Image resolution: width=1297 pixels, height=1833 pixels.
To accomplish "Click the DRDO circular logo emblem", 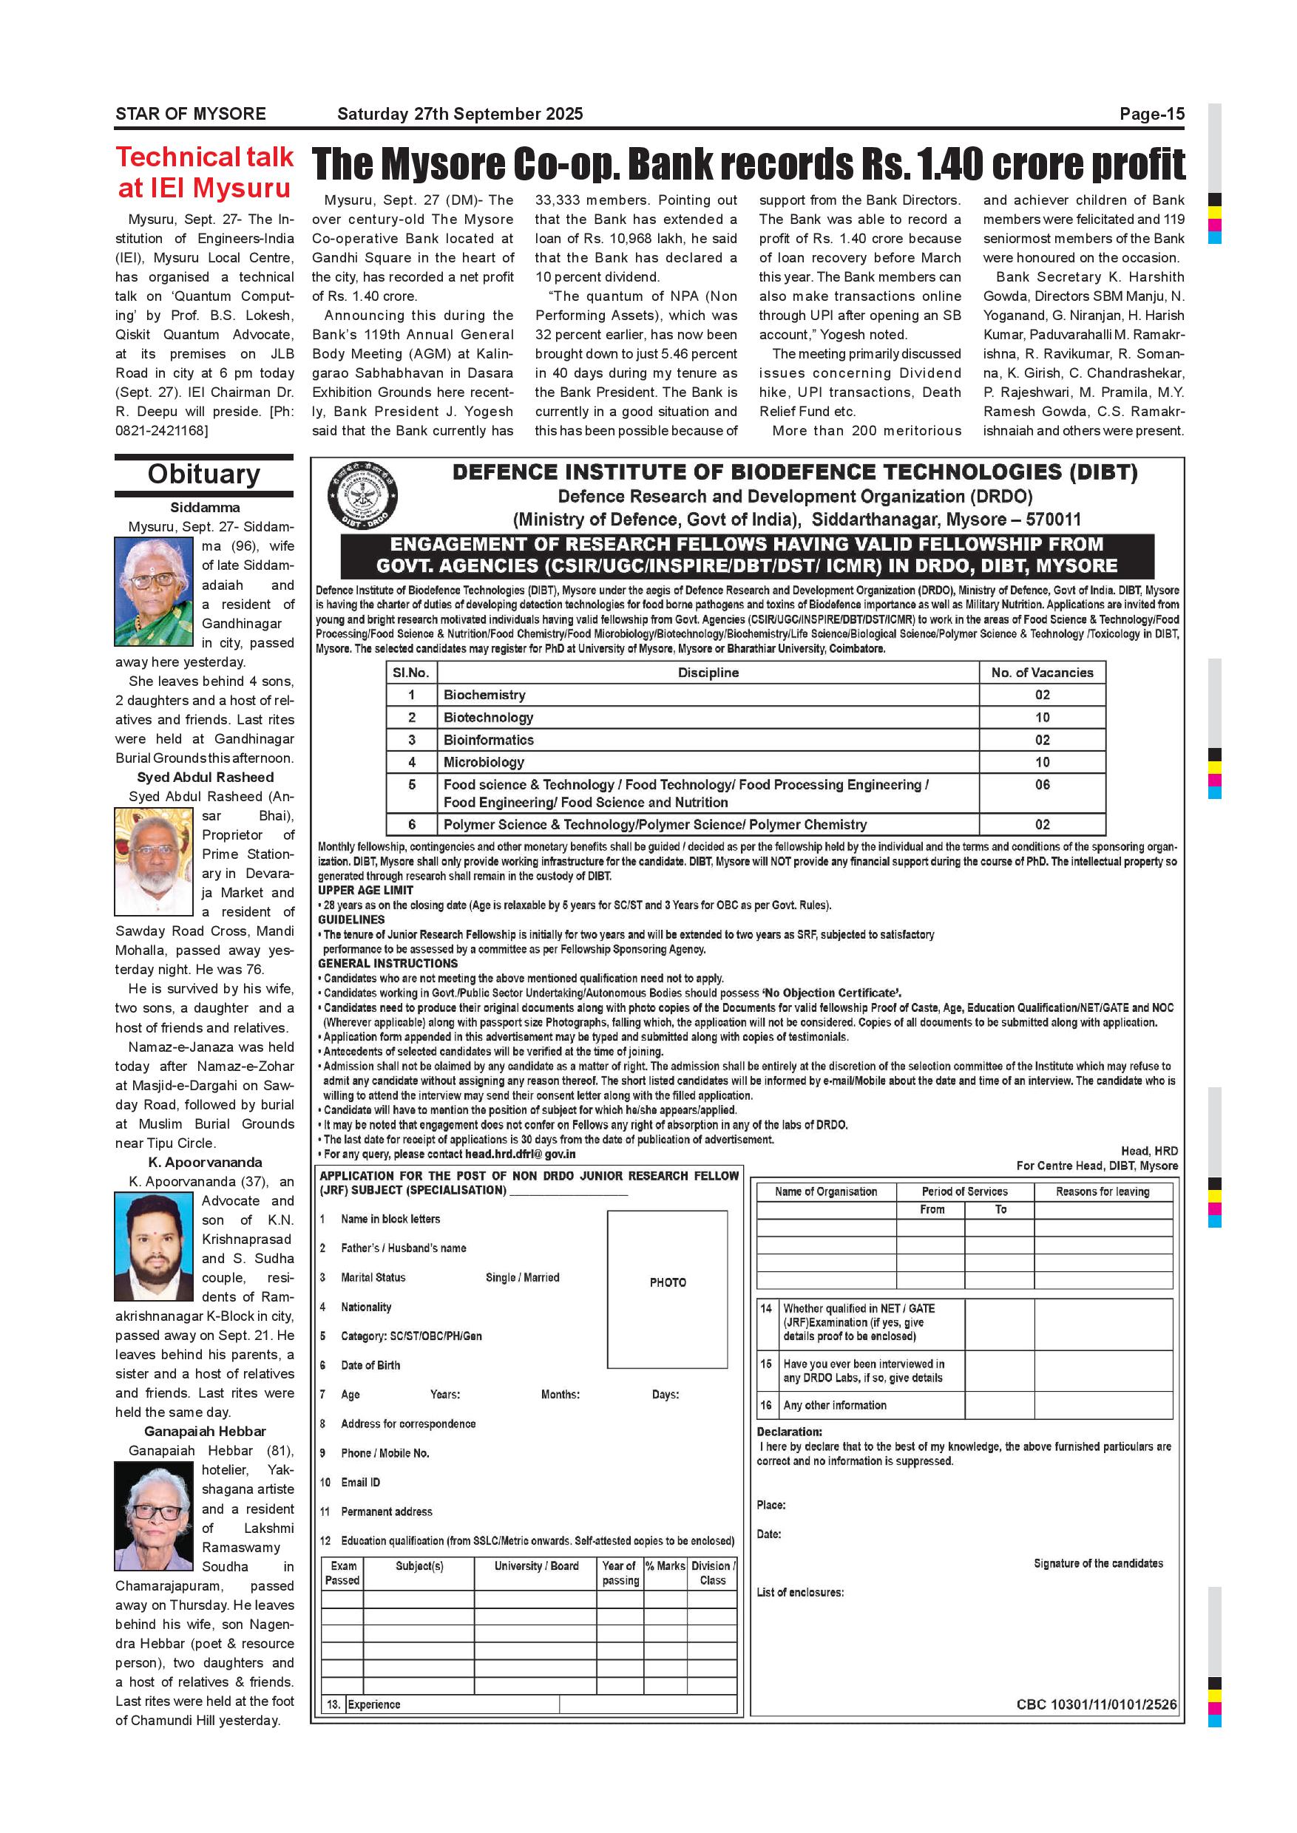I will point(362,497).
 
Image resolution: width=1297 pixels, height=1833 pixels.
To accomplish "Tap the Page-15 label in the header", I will point(1151,113).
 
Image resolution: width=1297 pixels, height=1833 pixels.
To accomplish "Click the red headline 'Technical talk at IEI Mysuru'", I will point(204,171).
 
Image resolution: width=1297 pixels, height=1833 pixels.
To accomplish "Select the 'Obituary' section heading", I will point(203,475).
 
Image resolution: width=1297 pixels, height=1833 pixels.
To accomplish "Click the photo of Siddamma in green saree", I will point(153,591).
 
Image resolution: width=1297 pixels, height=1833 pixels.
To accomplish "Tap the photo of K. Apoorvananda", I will point(153,1246).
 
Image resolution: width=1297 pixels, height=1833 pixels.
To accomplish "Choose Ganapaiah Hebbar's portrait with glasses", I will point(153,1516).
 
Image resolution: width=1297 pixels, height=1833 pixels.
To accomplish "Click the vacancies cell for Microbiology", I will point(1041,763).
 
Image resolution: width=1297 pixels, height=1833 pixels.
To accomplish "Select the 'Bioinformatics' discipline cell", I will point(489,740).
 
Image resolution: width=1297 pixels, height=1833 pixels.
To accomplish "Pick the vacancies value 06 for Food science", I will point(1041,785).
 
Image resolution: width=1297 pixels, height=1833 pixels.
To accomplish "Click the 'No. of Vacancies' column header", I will point(1041,673).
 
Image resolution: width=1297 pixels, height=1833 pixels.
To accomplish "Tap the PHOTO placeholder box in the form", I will point(667,1283).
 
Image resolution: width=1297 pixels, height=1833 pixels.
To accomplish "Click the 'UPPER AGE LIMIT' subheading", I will point(365,890).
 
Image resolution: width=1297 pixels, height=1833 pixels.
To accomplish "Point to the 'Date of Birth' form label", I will point(370,1365).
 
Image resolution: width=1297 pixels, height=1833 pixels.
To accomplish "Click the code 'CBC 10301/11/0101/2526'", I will point(1096,1704).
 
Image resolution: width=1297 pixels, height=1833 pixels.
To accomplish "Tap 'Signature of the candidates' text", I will point(1098,1563).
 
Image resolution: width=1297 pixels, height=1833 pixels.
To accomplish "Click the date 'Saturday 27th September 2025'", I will point(459,113).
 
